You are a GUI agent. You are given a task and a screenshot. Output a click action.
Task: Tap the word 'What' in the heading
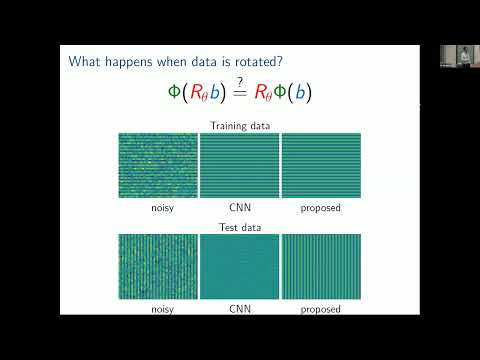pos(86,62)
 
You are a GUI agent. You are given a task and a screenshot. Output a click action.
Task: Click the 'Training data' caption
pos(240,125)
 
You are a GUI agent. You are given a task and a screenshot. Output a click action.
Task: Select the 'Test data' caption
pos(240,226)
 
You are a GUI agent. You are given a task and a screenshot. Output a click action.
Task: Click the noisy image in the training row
pos(158,165)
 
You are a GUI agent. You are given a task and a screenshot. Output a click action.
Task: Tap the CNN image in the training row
pos(240,165)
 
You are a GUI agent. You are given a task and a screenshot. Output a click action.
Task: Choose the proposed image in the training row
pos(321,165)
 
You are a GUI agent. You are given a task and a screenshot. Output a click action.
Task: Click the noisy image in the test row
pos(158,267)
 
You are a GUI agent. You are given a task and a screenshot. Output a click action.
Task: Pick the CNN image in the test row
pos(240,267)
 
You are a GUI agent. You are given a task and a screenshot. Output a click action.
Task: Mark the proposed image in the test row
pos(321,267)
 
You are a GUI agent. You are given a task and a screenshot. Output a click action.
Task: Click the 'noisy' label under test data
pos(158,309)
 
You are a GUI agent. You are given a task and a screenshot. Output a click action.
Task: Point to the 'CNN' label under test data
pos(240,309)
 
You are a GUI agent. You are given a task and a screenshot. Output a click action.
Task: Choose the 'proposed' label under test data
pos(321,310)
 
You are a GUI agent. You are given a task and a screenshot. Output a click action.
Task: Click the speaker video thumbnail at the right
pos(458,56)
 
